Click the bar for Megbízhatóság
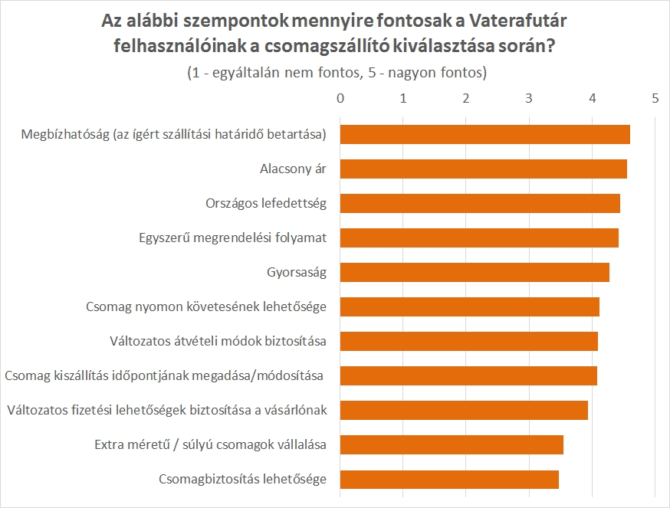(484, 134)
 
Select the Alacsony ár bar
(483, 169)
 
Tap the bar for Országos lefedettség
(480, 203)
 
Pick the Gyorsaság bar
(475, 272)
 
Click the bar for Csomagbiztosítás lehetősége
(449, 480)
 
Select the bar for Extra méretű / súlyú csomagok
(452, 445)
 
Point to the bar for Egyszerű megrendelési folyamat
(479, 238)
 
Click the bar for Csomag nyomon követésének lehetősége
(469, 306)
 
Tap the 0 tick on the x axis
(340, 98)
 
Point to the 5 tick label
(655, 98)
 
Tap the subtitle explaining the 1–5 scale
(337, 73)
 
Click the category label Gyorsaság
(297, 273)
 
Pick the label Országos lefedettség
(266, 204)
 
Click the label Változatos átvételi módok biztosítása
(218, 342)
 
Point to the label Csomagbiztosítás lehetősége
(243, 480)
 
